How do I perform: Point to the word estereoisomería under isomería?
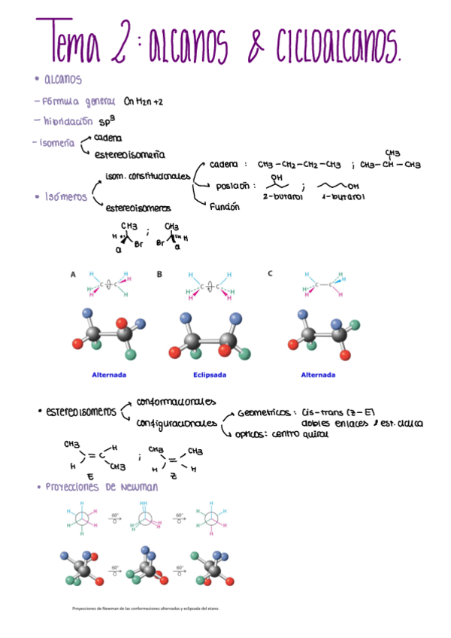(129, 155)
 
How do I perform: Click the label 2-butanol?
(283, 197)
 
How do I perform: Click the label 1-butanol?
(343, 197)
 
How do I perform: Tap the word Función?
(225, 206)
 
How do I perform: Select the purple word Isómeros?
(65, 197)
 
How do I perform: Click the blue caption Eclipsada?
(210, 374)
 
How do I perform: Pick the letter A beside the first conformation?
(73, 275)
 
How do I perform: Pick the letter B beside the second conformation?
(159, 275)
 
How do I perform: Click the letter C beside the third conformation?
(270, 274)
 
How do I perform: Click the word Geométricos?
(264, 413)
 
